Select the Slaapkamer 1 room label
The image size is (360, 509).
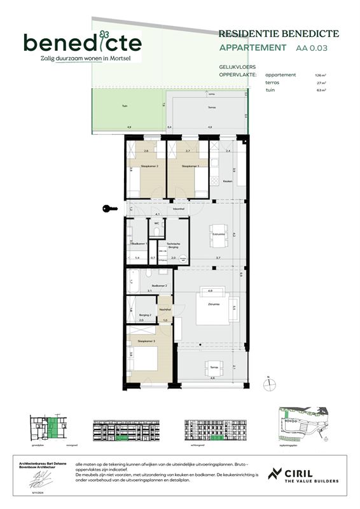point(190,167)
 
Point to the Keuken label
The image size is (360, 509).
point(227,182)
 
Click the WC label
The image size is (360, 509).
point(156,223)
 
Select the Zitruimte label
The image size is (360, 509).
point(214,305)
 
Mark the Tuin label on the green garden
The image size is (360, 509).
point(115,106)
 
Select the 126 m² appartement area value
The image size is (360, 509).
point(319,74)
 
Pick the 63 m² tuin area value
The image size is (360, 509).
point(320,91)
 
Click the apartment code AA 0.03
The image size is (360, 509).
point(313,48)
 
